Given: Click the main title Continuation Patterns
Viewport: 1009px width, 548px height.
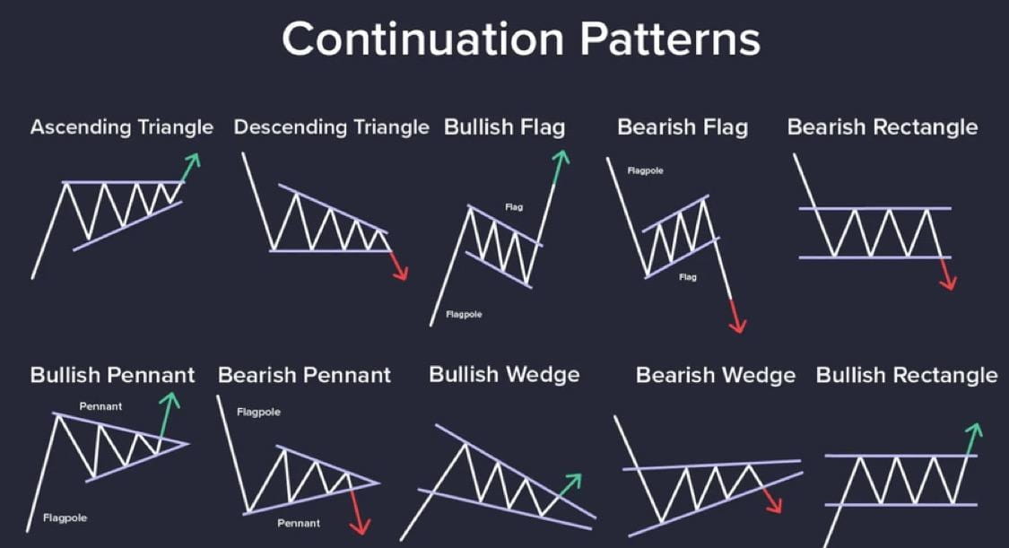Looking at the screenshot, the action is point(520,39).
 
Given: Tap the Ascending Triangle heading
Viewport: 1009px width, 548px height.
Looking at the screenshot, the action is point(122,127).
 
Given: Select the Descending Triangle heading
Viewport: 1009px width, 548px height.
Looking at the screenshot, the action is point(331,127).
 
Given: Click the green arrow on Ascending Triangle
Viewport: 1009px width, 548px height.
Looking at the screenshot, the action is point(190,168).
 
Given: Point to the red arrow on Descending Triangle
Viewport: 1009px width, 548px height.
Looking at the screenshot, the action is point(399,265).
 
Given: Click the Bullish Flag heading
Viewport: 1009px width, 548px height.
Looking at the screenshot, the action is point(504,127).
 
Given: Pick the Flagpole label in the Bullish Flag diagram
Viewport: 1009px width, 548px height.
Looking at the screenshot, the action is point(464,315).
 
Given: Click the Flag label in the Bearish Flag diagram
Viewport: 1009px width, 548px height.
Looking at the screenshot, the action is point(687,277).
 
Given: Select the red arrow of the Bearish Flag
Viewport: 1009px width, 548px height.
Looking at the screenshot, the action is point(735,317).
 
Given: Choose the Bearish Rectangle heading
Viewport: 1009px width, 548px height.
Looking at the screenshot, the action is point(883,127).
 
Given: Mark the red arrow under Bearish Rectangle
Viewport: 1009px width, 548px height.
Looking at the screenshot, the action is point(946,274).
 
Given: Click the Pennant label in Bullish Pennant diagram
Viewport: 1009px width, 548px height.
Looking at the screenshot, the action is point(100,406).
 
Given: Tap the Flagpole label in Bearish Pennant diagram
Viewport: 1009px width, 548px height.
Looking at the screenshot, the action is point(258,413).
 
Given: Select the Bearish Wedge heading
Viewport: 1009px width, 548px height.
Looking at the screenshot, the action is point(716,375).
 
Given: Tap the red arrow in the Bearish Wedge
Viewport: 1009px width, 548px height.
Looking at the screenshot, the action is point(771,500).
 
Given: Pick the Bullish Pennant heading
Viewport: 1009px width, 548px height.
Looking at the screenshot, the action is point(113,375).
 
